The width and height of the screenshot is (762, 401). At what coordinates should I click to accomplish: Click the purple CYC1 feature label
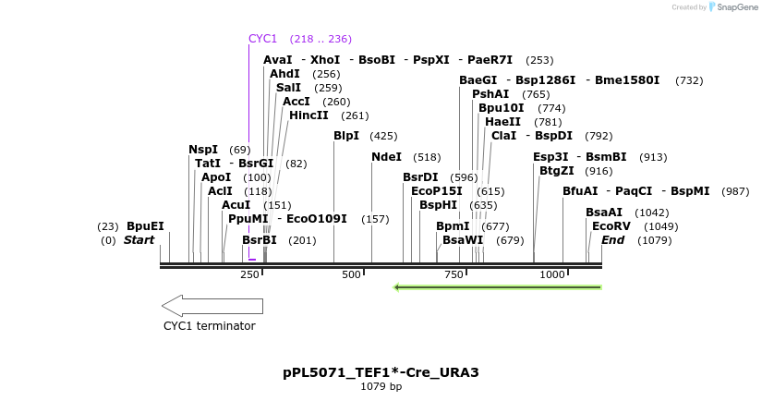(262, 39)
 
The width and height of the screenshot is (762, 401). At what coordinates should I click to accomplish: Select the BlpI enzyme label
(346, 136)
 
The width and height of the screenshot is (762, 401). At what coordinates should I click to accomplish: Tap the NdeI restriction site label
(386, 157)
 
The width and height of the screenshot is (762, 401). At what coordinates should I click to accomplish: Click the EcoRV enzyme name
(611, 225)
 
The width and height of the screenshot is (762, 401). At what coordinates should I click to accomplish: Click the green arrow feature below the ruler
(498, 287)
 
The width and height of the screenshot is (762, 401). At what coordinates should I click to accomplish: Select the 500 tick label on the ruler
(352, 274)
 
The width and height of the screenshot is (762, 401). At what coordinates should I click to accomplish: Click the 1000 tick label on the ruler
(552, 274)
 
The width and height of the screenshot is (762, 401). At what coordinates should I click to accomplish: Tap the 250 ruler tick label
(249, 274)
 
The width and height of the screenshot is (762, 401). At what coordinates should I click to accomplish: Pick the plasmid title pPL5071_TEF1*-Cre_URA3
(381, 372)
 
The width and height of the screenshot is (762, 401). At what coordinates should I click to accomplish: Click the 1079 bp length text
(381, 386)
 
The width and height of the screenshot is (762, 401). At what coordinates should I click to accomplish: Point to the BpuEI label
(145, 226)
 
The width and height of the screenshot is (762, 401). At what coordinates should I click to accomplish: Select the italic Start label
(139, 240)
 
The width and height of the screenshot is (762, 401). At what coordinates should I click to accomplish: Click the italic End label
(613, 240)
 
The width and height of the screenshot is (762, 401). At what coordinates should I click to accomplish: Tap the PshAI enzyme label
(490, 94)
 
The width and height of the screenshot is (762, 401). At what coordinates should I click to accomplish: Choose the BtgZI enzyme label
(557, 171)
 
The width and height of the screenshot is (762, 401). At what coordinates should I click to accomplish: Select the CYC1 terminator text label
(210, 326)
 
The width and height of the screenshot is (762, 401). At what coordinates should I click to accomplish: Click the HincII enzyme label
(308, 115)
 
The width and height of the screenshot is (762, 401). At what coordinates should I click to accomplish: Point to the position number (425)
(383, 136)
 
